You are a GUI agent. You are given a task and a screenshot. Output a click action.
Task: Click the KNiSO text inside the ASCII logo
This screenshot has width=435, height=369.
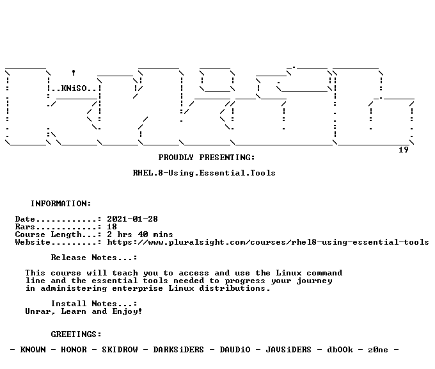[x=74, y=88]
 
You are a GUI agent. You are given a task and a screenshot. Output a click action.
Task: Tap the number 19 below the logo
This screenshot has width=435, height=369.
[x=404, y=150]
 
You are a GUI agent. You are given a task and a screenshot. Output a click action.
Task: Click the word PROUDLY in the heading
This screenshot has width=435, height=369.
[x=176, y=158]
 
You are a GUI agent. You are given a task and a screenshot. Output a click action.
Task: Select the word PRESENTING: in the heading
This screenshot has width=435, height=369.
[x=227, y=158]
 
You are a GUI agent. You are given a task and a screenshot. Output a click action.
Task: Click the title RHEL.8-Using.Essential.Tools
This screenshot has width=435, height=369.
[x=204, y=173]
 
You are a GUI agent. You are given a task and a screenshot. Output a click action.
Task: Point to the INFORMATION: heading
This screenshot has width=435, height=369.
[x=61, y=204]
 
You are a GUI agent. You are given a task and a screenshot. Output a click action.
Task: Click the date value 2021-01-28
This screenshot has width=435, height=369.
[x=132, y=219]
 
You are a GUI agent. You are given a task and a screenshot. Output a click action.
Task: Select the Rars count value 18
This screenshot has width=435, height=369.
[x=112, y=227]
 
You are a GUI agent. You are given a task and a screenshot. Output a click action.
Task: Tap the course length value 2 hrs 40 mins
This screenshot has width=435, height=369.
[x=140, y=235]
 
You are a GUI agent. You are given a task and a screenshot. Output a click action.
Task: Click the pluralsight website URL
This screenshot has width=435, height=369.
[x=268, y=242]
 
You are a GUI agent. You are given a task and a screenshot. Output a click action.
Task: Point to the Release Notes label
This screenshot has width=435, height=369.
[x=94, y=258]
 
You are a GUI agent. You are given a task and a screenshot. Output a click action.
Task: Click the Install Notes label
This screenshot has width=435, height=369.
[x=94, y=304]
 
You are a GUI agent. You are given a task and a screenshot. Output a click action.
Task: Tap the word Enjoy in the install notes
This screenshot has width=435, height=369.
[x=125, y=312]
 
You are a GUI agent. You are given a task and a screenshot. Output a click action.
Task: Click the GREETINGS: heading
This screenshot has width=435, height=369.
[x=76, y=334]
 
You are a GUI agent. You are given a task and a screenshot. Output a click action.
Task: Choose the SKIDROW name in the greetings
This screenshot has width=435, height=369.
[x=120, y=350]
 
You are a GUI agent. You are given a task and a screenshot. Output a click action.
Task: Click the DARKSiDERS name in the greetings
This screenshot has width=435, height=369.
[x=178, y=350]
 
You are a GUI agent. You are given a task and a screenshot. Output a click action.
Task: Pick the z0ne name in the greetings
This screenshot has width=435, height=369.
[x=378, y=350]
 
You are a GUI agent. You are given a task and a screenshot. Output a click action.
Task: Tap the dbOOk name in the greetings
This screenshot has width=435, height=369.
[x=340, y=350]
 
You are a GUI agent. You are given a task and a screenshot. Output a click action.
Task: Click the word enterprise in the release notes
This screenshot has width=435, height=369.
[x=138, y=289]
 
